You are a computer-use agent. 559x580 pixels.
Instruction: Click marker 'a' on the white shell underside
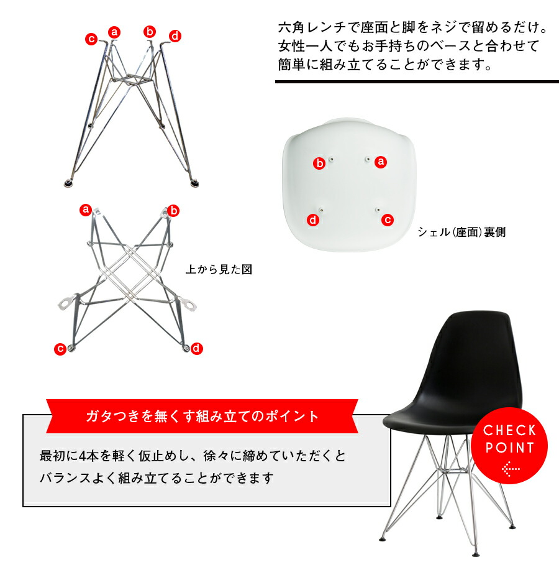tap(381, 162)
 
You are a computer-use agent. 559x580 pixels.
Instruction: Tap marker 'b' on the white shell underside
tap(319, 163)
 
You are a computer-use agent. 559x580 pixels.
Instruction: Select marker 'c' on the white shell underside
tap(388, 220)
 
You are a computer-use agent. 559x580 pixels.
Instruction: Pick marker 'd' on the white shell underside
tap(313, 220)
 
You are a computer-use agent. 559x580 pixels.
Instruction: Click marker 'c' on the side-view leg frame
tap(91, 39)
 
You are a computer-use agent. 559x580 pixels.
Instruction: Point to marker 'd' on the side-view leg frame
tap(175, 36)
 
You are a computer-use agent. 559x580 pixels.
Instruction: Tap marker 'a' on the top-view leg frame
tap(86, 210)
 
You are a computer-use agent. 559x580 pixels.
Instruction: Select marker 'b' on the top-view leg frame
tap(173, 211)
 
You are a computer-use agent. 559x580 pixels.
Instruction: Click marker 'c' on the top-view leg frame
tap(60, 349)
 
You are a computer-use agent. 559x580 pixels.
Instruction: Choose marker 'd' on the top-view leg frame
tap(196, 349)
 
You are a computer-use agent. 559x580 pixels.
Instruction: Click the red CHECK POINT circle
tap(509, 446)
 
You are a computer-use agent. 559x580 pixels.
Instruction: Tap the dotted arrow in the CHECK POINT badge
tap(511, 469)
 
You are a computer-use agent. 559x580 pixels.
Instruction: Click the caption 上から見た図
tap(219, 269)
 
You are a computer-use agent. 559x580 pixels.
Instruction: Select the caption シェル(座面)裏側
tap(461, 232)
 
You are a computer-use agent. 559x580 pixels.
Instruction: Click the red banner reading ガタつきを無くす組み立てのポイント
tap(202, 416)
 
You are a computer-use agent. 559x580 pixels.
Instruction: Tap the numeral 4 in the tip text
tap(82, 456)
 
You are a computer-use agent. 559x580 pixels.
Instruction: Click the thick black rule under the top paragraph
tap(417, 82)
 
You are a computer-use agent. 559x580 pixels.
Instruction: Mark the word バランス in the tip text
tap(65, 478)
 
